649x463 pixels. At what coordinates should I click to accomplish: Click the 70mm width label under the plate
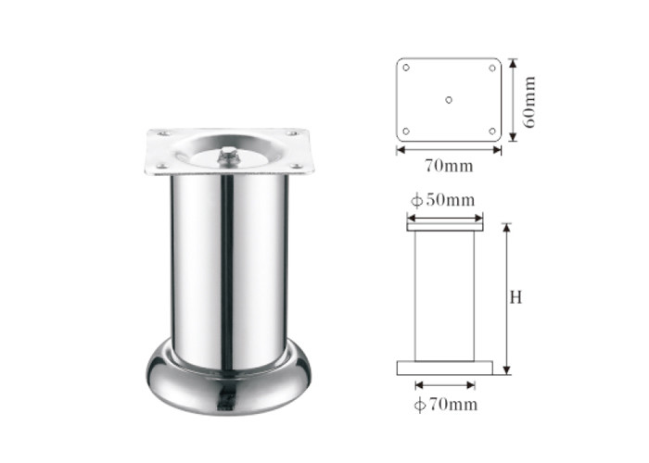[x=449, y=166]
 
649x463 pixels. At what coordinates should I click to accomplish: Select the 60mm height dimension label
[x=529, y=102]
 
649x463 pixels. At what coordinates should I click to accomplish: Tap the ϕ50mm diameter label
[x=442, y=200]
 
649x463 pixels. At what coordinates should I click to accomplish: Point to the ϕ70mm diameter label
[x=446, y=405]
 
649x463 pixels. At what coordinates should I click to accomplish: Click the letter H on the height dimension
[x=515, y=297]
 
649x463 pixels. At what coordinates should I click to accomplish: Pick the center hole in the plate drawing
[x=449, y=100]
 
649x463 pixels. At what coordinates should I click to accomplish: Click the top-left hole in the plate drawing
[x=406, y=68]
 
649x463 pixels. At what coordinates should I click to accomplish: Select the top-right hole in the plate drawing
[x=492, y=68]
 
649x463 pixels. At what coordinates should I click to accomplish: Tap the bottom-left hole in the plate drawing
[x=406, y=131]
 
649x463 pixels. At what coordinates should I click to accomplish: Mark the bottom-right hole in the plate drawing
[x=492, y=131]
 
